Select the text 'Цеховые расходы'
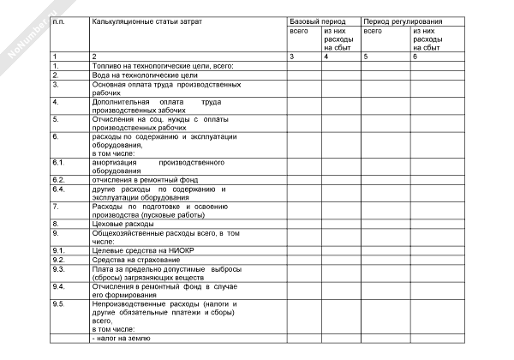(x=123, y=223)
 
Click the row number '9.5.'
(x=59, y=304)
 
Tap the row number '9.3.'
(x=59, y=267)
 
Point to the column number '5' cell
(x=366, y=56)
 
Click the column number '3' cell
(x=292, y=56)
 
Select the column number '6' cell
(x=415, y=56)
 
